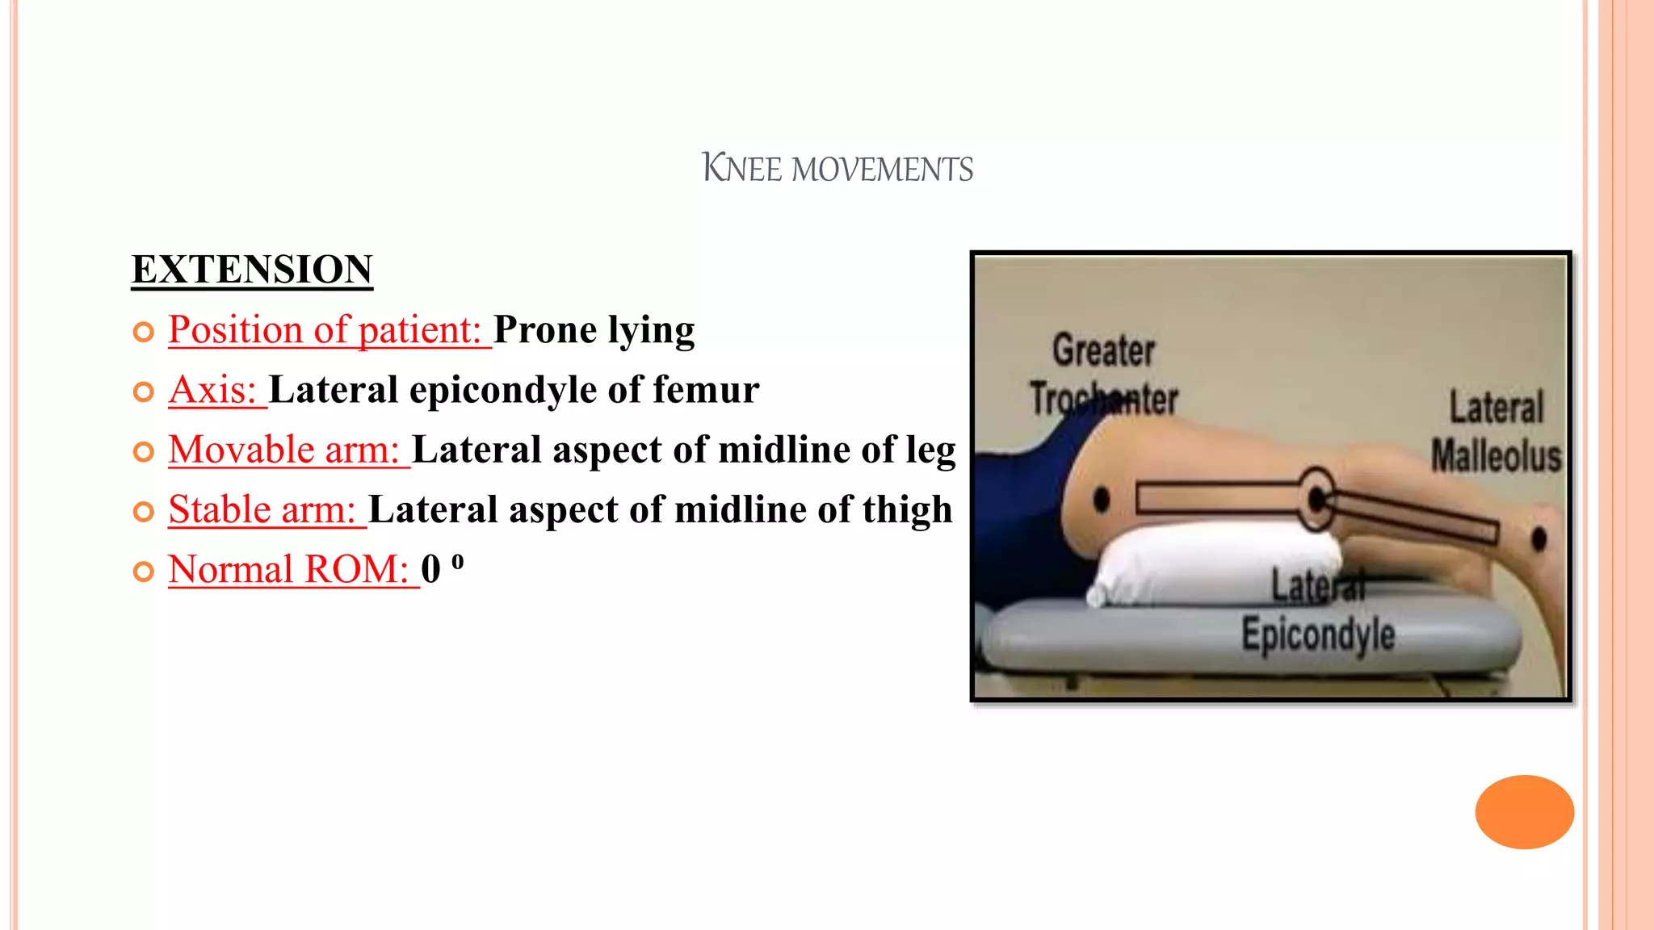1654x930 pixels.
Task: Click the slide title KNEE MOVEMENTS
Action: point(837,169)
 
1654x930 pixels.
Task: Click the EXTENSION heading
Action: point(252,270)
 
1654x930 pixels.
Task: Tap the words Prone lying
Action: point(594,330)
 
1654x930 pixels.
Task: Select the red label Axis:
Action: point(213,390)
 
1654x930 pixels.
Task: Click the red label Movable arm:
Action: point(284,450)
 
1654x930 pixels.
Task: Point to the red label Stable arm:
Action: point(262,509)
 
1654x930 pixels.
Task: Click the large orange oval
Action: point(1524,811)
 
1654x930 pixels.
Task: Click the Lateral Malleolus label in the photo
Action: point(1496,431)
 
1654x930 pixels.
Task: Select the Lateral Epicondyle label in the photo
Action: point(1318,611)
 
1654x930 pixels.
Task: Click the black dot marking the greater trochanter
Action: point(1101,500)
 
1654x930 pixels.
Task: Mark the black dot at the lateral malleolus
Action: point(1539,538)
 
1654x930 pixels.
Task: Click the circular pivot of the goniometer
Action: point(1316,499)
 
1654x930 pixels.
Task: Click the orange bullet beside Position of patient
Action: point(144,332)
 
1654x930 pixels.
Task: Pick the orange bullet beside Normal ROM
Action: point(144,572)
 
